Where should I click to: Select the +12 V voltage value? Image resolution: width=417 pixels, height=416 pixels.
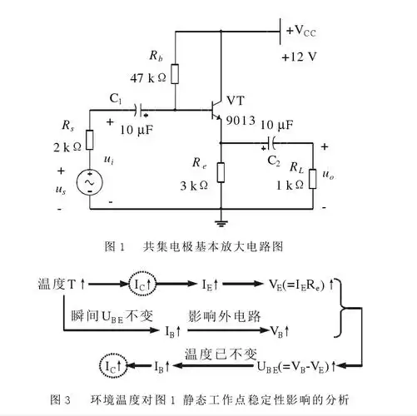pos(300,57)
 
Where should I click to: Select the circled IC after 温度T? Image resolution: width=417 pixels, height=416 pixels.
pos(140,285)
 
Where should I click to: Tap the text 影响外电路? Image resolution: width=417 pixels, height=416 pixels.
pos(224,317)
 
